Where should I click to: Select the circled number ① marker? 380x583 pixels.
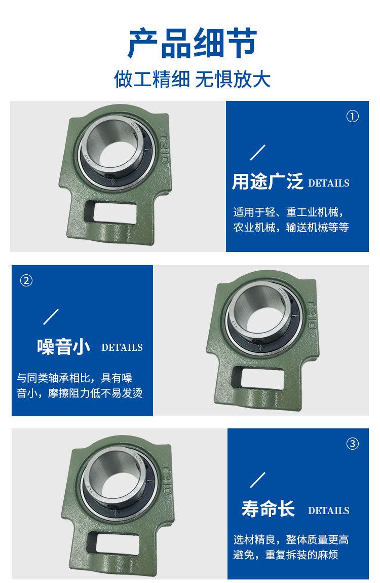(352, 117)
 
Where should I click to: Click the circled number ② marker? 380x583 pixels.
(26, 280)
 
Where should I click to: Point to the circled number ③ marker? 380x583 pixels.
(352, 444)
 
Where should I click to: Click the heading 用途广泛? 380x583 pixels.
(267, 181)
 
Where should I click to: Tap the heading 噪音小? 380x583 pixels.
(63, 346)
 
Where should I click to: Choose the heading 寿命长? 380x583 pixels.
(268, 509)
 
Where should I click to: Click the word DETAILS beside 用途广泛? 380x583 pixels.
(328, 183)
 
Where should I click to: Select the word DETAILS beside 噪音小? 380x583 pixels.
(122, 348)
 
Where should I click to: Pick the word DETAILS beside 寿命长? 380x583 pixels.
(328, 511)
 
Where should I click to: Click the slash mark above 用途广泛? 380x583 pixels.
(258, 153)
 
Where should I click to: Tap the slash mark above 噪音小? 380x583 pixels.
(51, 316)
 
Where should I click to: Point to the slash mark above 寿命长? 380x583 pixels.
(258, 479)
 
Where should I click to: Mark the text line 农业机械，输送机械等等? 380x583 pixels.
(291, 227)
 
